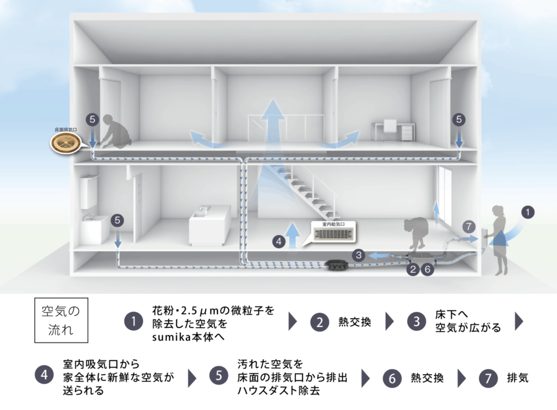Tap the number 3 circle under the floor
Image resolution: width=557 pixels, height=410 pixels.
click(x=358, y=254)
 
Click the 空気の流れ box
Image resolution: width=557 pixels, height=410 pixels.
click(x=61, y=320)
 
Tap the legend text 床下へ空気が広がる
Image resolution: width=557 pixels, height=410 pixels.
click(x=468, y=321)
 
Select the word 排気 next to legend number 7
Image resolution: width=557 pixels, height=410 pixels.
click(x=517, y=377)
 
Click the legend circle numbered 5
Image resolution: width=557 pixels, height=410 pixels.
click(x=218, y=376)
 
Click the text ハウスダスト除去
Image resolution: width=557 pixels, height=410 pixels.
click(x=277, y=390)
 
